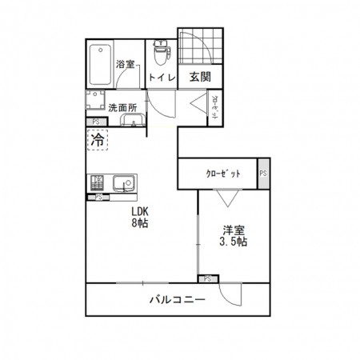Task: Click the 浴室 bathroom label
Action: [x=125, y=63]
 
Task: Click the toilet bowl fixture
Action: [x=160, y=52]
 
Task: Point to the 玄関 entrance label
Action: [x=199, y=78]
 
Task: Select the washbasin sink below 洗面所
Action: [x=131, y=121]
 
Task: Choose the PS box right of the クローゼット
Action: [x=262, y=174]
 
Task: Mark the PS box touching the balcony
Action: [x=206, y=278]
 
